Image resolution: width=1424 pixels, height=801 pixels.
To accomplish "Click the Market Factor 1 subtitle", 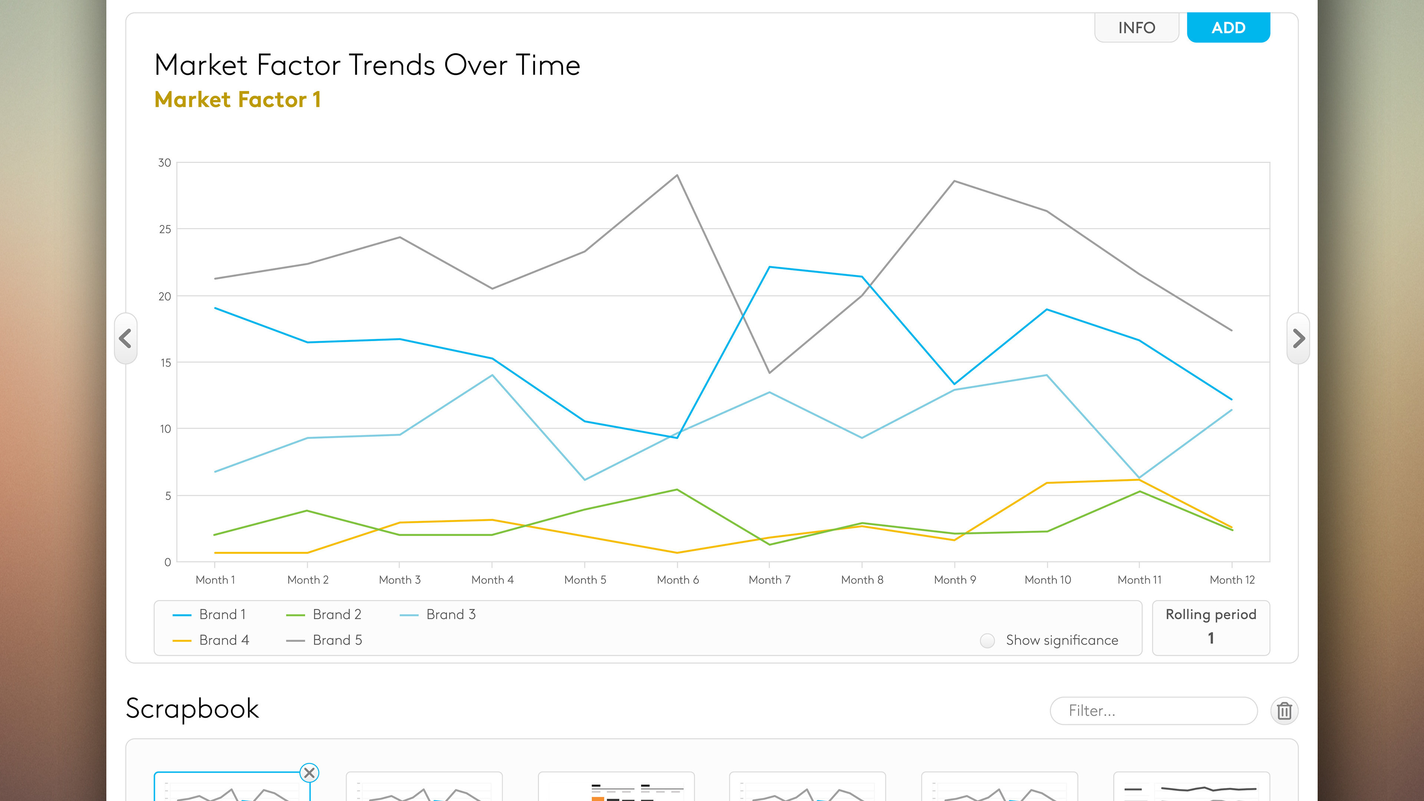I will (x=237, y=99).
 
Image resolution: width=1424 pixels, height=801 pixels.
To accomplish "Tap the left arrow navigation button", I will (x=125, y=338).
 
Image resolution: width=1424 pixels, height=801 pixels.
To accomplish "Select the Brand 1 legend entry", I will (x=210, y=614).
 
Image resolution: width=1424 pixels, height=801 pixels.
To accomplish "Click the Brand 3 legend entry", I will (x=438, y=614).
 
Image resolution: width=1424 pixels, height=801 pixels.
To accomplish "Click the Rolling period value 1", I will (x=1211, y=638).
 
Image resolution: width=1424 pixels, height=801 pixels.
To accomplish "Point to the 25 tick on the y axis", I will (x=165, y=229).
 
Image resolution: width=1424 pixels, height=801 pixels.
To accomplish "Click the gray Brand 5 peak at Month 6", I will (x=677, y=175).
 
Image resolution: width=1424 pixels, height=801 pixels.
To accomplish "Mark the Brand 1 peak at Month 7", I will (x=769, y=267).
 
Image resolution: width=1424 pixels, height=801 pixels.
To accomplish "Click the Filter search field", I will (x=1153, y=711).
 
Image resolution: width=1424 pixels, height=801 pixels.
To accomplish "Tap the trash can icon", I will (x=1284, y=711).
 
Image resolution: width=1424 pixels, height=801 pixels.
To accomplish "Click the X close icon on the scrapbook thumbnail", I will (x=309, y=773).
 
